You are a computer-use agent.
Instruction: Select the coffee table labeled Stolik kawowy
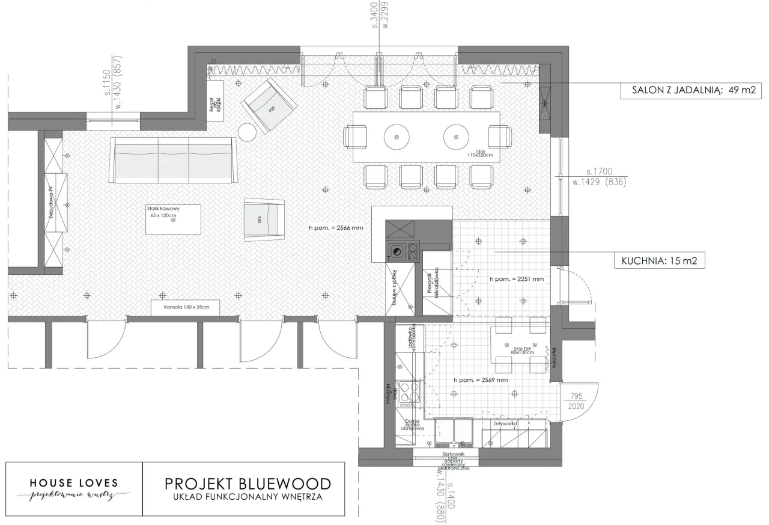pyautogui.click(x=173, y=220)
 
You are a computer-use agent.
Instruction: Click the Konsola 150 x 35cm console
pyautogui.click(x=185, y=307)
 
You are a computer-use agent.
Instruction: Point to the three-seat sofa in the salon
pyautogui.click(x=173, y=160)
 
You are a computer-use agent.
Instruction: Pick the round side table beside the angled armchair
pyautogui.click(x=248, y=132)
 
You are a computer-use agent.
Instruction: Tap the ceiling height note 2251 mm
pyautogui.click(x=516, y=279)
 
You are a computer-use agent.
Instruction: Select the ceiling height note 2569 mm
pyautogui.click(x=481, y=380)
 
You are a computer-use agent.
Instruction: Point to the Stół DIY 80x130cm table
pyautogui.click(x=521, y=349)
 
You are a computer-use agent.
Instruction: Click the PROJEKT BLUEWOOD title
pyautogui.click(x=247, y=484)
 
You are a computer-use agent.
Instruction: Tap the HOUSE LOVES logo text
pyautogui.click(x=74, y=483)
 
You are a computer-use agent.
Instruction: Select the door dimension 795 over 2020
pyautogui.click(x=576, y=401)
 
